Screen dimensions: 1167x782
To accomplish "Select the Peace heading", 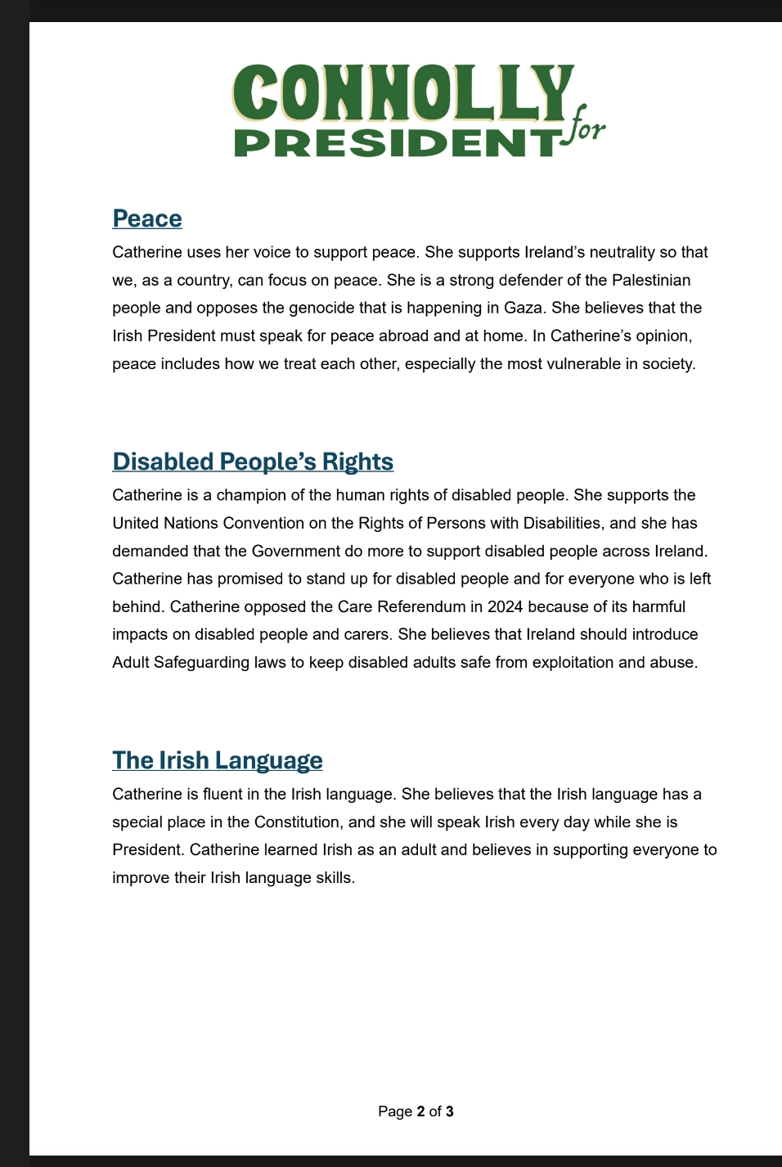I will pos(147,219).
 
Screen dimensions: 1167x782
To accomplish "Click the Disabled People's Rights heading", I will pos(253,462).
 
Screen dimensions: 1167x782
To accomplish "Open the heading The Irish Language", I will pos(218,760).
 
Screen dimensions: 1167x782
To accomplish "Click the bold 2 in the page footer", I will pos(420,1111).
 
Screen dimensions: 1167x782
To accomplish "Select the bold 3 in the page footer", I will pos(450,1111).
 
